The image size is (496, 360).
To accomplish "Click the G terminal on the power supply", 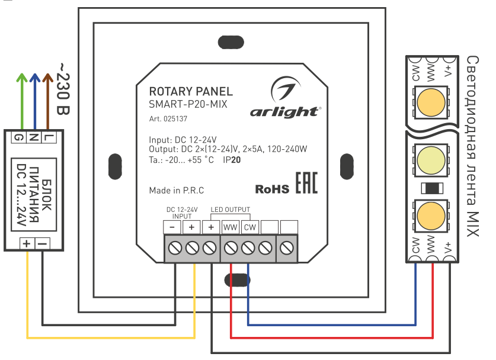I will pos(21,138).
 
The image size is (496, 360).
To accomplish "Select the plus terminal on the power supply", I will pos(27,243).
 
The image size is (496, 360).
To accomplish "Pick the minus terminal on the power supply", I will pos(42,243).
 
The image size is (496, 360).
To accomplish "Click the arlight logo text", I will pos(285,111).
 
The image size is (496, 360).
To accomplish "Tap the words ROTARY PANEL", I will pos(191,92).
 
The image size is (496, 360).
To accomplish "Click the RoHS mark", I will pos(272,189).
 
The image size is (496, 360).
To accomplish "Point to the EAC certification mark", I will pos(306,184).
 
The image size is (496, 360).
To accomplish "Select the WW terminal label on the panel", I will pos(230,227).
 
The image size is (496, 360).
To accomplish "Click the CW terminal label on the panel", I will pos(249,227).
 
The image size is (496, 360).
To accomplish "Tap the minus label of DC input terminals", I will pos(172,227).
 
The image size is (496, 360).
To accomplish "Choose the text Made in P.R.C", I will pos(177,191).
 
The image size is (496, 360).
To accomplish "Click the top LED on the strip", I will pos(431,100).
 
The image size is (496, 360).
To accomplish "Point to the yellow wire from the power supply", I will pos(111,338).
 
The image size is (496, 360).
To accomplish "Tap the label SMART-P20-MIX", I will pos(188,104).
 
